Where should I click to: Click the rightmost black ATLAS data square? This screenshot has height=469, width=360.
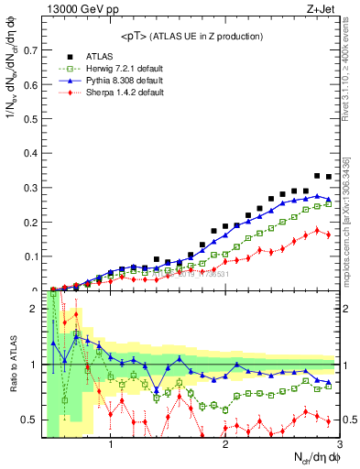[329, 177]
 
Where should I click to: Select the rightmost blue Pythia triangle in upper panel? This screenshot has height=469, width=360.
[329, 199]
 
